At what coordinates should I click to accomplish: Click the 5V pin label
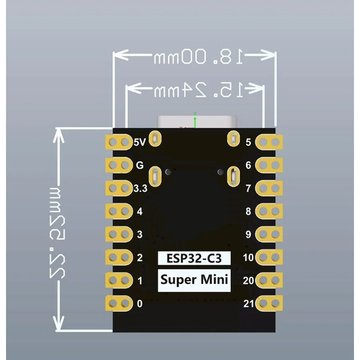coord(140,142)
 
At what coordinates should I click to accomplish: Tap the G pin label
coord(139,164)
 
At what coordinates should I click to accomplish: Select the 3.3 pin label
coord(140,188)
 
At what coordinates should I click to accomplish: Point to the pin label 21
coord(248,303)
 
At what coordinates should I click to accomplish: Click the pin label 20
coord(248,281)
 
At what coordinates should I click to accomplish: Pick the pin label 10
coord(248,258)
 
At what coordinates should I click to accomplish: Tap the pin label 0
coord(139,303)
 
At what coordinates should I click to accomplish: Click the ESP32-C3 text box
coord(194,258)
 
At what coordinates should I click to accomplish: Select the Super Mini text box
coord(194,281)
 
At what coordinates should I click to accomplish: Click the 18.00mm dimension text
coord(194,56)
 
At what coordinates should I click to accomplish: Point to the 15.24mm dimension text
coord(195,90)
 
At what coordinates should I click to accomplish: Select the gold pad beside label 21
coord(268,303)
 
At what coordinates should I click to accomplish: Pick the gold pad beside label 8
coord(268,211)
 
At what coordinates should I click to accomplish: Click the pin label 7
coord(248,188)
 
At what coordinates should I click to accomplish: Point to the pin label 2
coord(139,258)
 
